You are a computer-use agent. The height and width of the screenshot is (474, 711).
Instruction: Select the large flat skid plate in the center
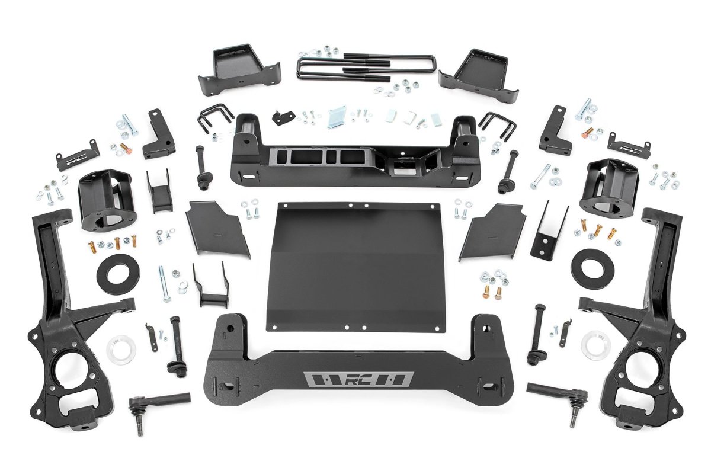[357, 264]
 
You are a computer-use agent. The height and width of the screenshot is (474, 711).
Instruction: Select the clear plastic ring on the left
[121, 350]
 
